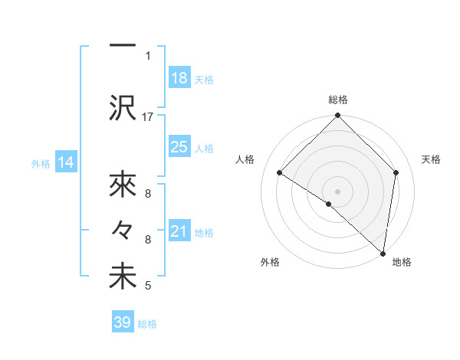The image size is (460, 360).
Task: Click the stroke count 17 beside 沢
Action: click(x=148, y=117)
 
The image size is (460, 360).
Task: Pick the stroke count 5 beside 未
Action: click(x=147, y=286)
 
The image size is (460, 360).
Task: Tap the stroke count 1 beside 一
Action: click(x=147, y=56)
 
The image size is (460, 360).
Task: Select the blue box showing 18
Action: click(x=179, y=78)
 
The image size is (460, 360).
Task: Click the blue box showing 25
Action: click(x=179, y=147)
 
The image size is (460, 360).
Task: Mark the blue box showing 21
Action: click(x=179, y=231)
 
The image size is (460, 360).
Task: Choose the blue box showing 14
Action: click(x=65, y=162)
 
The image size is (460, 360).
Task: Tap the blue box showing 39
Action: click(x=123, y=322)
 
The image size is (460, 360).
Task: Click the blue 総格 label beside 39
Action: click(x=147, y=324)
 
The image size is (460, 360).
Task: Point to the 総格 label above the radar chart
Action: click(x=337, y=100)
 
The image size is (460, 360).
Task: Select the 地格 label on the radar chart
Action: click(x=402, y=262)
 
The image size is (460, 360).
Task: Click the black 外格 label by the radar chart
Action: click(x=269, y=262)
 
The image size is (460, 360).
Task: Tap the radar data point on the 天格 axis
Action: click(x=396, y=172)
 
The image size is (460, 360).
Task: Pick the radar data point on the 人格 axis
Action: click(x=280, y=173)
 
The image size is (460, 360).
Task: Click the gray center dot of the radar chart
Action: click(x=337, y=191)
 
